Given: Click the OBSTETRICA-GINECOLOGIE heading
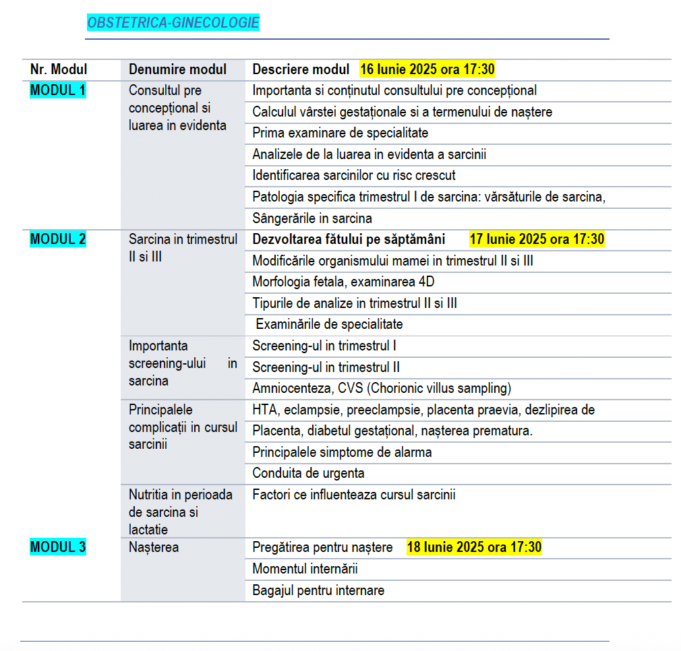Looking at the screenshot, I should click(173, 23).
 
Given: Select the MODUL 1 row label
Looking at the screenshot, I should click(58, 90).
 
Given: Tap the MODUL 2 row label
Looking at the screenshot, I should click(58, 239).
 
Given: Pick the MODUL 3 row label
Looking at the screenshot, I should click(58, 547).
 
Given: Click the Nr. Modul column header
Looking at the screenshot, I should click(59, 69).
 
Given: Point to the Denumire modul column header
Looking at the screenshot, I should click(177, 69).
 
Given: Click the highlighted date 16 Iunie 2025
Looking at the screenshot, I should click(427, 69).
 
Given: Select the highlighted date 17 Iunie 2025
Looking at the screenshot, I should click(537, 239).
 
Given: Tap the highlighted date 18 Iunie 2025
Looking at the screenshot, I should click(474, 547).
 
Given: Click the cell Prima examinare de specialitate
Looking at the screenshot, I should click(340, 133).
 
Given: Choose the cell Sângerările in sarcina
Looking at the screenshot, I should click(312, 218).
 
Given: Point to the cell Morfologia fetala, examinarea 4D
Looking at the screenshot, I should click(348, 282).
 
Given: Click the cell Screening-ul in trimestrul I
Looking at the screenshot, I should click(324, 346).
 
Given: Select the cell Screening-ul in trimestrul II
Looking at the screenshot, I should click(326, 367).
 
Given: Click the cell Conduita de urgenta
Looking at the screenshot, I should click(308, 473).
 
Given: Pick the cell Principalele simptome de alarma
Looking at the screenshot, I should click(342, 452).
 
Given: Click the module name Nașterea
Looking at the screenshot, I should click(154, 547).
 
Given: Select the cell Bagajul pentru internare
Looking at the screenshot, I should click(318, 590).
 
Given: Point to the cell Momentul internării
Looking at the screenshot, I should click(305, 569).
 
